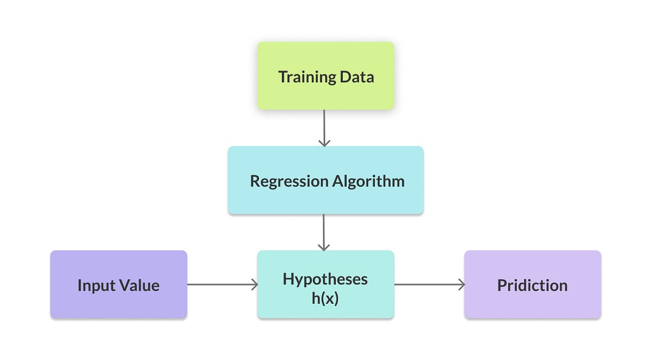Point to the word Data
[357, 77]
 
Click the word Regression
[286, 181]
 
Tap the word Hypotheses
[325, 279]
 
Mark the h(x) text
[325, 298]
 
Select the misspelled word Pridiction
[532, 285]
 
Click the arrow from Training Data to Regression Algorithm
[324, 127]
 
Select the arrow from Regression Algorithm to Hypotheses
[324, 232]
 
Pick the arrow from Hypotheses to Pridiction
[429, 285]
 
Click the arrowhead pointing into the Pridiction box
[462, 285]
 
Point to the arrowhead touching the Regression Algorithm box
[324, 143]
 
